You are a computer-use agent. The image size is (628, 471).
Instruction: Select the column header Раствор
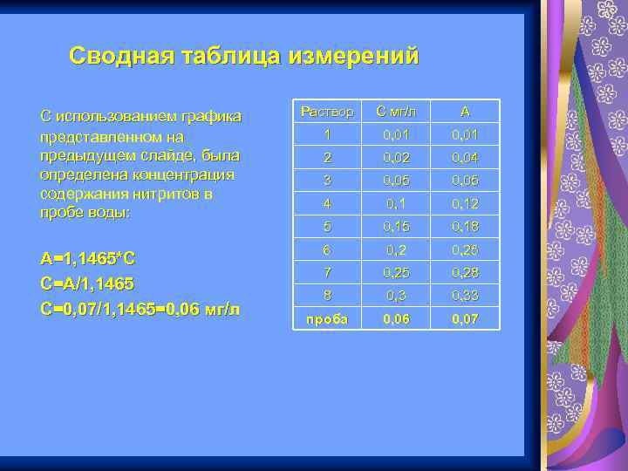(x=327, y=112)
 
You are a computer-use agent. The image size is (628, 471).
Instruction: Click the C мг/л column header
(x=397, y=112)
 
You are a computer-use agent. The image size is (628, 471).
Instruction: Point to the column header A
(x=465, y=112)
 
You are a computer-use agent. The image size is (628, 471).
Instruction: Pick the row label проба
(x=327, y=319)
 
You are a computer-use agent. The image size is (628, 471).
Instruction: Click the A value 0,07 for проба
(x=465, y=319)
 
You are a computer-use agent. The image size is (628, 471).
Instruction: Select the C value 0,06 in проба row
(x=397, y=319)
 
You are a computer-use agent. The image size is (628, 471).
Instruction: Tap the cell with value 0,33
(x=465, y=296)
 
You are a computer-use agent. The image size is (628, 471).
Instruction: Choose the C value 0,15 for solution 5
(x=397, y=227)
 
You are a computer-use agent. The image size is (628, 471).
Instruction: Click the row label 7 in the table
(x=327, y=273)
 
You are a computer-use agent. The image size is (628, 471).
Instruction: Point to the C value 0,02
(x=397, y=158)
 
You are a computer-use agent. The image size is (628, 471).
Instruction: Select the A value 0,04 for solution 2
(x=465, y=158)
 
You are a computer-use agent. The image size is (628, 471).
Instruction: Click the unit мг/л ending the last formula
(x=223, y=309)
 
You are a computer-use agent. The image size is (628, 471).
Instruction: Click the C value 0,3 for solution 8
(x=397, y=296)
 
